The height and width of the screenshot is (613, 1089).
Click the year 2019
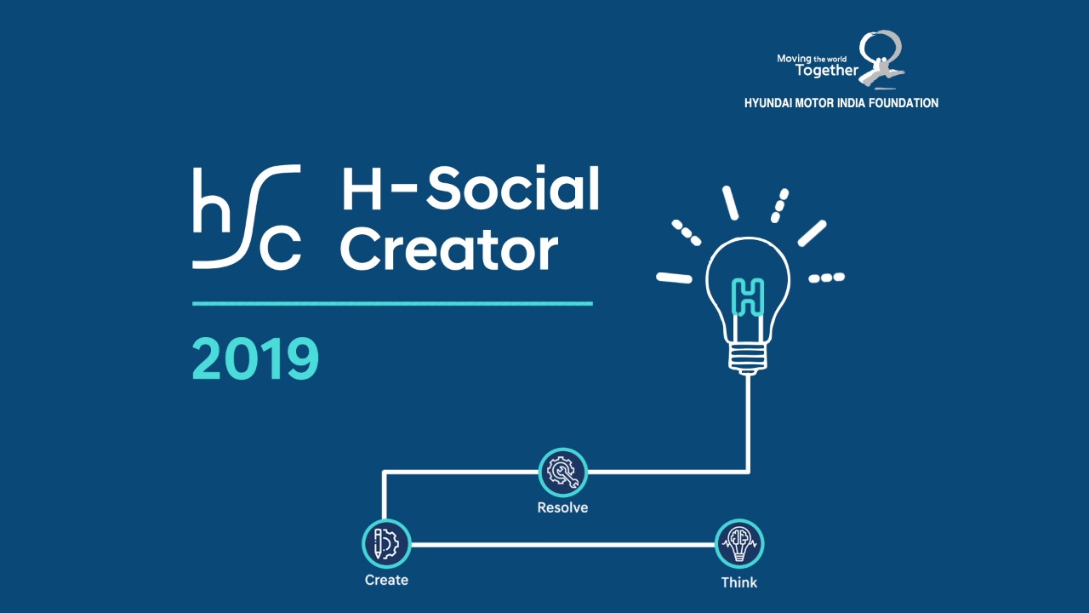(x=256, y=358)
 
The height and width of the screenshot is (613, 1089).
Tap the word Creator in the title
(x=449, y=250)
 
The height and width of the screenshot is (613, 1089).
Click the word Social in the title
(x=513, y=188)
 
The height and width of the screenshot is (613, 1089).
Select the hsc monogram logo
(x=247, y=216)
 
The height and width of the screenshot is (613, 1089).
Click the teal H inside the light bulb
(x=748, y=297)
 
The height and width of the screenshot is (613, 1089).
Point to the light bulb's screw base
(x=748, y=358)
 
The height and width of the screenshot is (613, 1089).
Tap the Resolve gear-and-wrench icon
(x=563, y=472)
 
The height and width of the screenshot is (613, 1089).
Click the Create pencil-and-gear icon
(x=386, y=543)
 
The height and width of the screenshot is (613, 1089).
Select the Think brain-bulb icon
(x=739, y=543)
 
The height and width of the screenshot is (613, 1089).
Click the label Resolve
(x=562, y=507)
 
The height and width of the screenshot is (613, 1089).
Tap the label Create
(x=386, y=580)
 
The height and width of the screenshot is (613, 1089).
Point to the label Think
(x=739, y=582)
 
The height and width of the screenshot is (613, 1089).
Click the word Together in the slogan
(x=827, y=71)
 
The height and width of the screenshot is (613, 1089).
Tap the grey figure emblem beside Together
(x=881, y=60)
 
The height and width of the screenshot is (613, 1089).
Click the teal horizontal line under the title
(x=392, y=304)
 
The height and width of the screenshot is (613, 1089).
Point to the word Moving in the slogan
(x=795, y=59)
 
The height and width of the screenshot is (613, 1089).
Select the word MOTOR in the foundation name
(x=815, y=103)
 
